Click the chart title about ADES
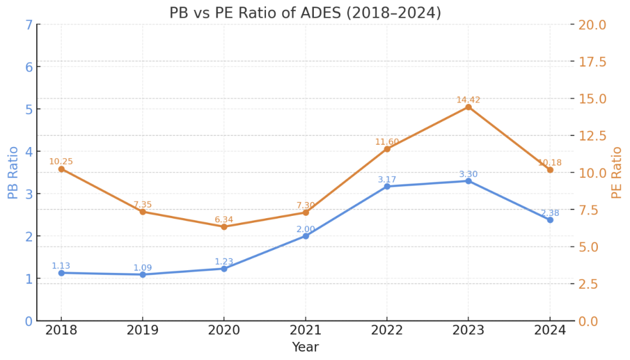pos(305,13)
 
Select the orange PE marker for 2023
pos(468,107)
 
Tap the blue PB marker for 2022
pos(387,186)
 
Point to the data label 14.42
pos(468,100)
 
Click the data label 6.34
pos(224,219)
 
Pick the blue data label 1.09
pos(142,268)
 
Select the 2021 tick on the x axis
pos(305,330)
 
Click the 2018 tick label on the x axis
pos(61,330)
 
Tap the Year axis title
pos(305,348)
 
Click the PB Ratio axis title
pos(13,172)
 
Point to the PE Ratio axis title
pos(617,172)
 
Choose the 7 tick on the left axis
pos(28,25)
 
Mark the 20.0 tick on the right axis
pos(592,25)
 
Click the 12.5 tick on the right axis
pos(592,136)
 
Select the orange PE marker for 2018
pos(61,169)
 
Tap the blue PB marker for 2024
pos(550,220)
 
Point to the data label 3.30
pos(468,174)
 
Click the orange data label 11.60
pos(387,142)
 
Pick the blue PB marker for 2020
pos(224,268)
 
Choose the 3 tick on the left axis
pos(28,194)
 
